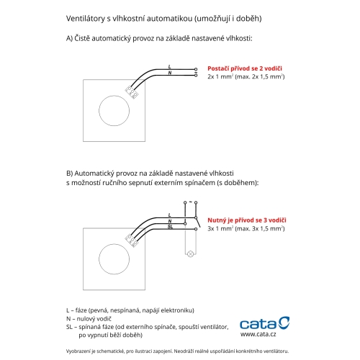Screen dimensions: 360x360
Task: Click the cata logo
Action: (265, 323)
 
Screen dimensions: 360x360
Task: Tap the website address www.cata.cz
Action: (258, 334)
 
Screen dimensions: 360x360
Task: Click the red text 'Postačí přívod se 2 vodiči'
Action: (245, 68)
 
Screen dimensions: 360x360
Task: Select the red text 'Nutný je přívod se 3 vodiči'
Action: (247, 220)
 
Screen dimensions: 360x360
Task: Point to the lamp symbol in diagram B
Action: (191, 253)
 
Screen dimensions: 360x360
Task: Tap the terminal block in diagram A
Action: (132, 92)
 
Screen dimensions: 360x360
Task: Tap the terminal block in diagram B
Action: (132, 240)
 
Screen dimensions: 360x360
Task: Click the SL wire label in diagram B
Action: (170, 227)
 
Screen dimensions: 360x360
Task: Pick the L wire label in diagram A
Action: (170, 67)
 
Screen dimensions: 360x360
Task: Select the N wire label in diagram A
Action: (170, 73)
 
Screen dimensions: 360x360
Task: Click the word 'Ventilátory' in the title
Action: (86, 19)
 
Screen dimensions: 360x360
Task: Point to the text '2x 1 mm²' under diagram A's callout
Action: (220, 77)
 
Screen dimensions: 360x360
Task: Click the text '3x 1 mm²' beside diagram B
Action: (220, 228)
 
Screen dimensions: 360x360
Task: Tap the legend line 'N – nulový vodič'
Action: (89, 319)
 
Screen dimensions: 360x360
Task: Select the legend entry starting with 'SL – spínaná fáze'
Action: (148, 330)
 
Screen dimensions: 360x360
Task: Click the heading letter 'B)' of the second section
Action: (69, 174)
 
